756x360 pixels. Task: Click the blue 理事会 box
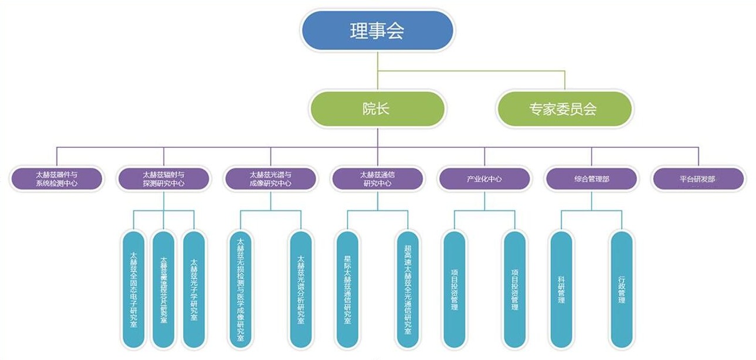(377, 30)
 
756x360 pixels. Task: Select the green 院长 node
(377, 108)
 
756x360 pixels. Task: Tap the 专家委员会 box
(564, 108)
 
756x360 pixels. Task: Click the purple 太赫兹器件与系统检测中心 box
(57, 179)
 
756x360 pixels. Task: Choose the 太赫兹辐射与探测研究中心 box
(164, 179)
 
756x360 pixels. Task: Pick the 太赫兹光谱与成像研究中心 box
(270, 179)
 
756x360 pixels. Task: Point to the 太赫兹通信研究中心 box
(377, 179)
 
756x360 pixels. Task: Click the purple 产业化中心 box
(484, 179)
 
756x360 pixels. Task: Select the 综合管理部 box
(591, 179)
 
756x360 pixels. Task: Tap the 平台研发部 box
(698, 179)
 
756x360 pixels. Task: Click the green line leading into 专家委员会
(565, 81)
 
